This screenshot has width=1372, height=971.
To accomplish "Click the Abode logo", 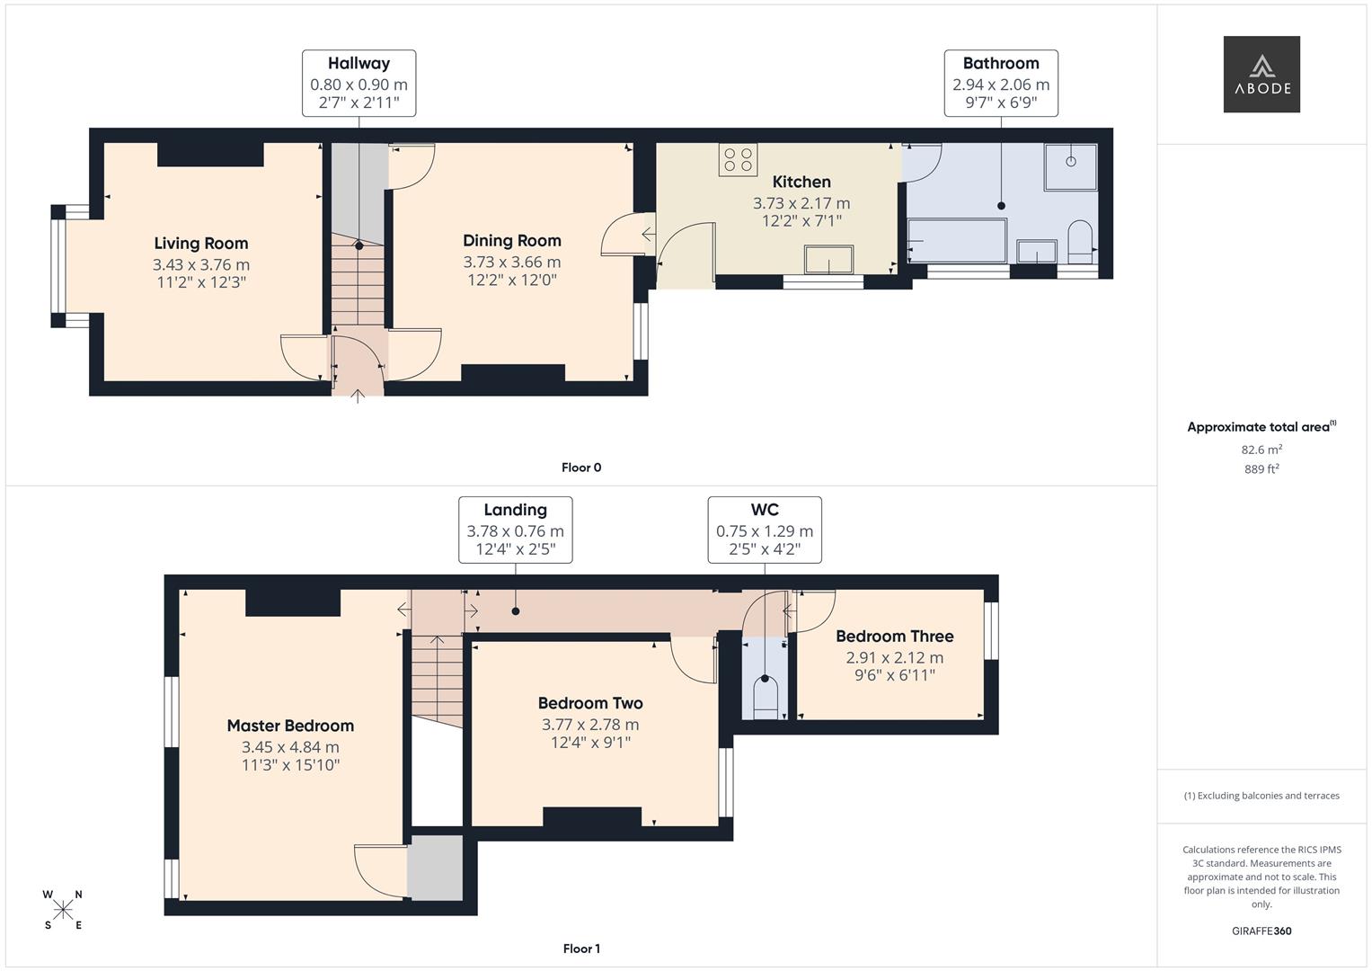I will coord(1261,74).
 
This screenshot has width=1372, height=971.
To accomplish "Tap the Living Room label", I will coord(200,243).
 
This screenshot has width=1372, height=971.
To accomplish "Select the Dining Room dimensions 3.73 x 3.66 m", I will coord(511,262).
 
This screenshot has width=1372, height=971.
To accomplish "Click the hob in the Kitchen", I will coord(738,160).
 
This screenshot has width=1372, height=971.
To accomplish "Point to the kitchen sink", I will coord(828,259).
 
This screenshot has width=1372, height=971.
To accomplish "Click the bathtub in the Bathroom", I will coord(957,240).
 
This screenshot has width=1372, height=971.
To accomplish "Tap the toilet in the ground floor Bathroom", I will coord(1080,241).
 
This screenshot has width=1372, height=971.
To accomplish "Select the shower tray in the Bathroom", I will coord(1070,166).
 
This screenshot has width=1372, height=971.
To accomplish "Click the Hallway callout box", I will coord(358,83).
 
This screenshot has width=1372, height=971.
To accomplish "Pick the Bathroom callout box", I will coord(1000,83).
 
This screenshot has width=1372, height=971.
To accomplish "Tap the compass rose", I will coord(63,910).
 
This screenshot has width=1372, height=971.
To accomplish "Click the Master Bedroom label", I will coord(290,726).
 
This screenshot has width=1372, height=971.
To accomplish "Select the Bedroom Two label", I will coord(590,703).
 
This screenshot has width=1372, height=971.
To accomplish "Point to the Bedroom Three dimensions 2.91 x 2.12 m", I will coord(894,657).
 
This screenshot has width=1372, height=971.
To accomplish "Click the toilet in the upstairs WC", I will coord(765,697).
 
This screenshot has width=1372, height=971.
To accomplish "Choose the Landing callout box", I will coord(515,530).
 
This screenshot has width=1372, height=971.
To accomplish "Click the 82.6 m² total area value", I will coord(1261,450).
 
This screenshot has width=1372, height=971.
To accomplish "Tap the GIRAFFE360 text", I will coord(1261,931).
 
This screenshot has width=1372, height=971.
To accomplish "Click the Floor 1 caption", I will coord(581,949).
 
